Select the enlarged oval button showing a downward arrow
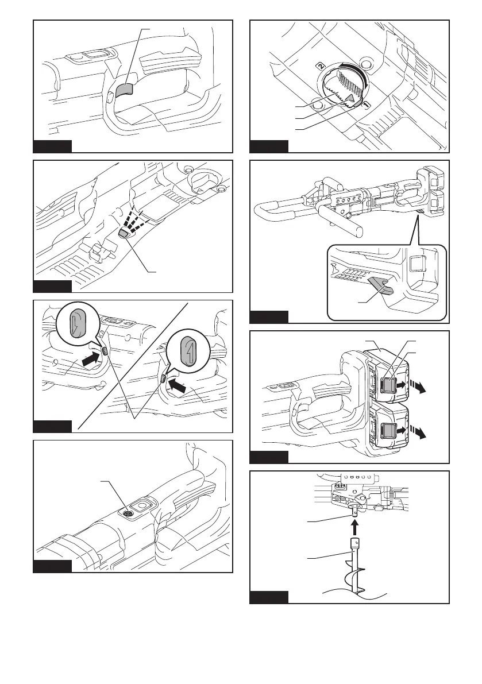pos(76,323)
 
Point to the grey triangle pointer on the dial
pos(348,101)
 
